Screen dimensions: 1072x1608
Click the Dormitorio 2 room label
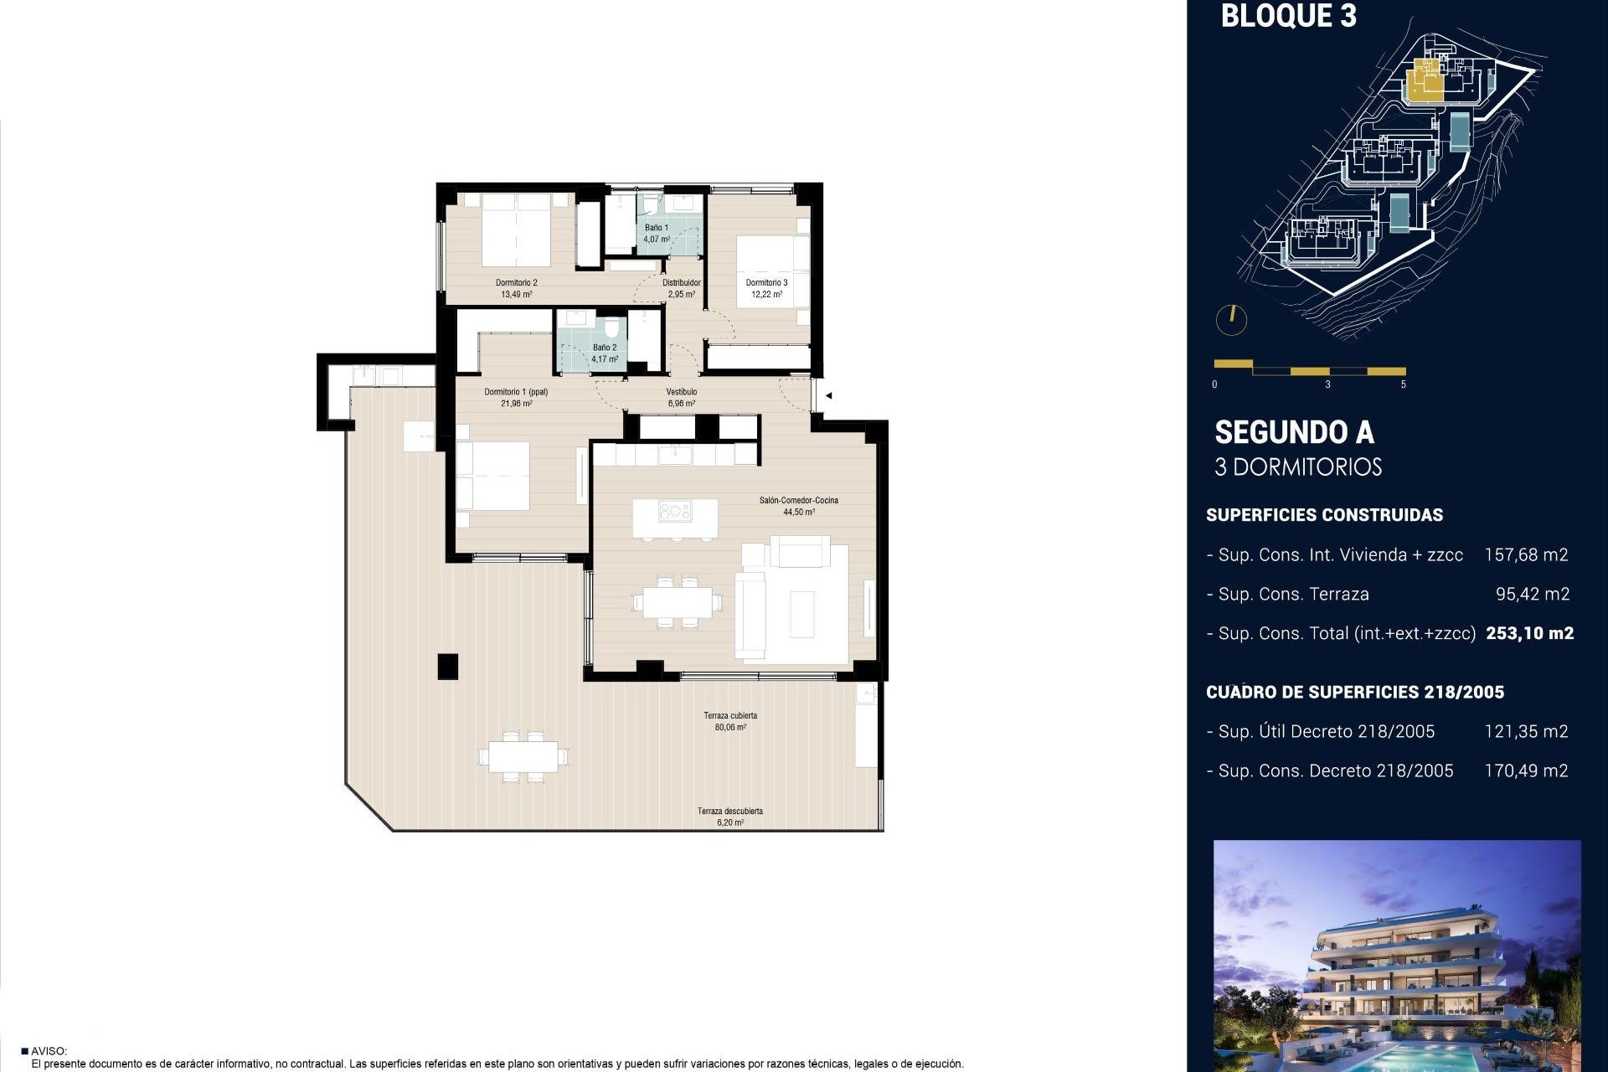tap(516, 283)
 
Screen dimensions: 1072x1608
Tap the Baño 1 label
tap(656, 228)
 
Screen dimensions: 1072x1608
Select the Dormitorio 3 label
tap(766, 283)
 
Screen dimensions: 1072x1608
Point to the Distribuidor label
tap(681, 283)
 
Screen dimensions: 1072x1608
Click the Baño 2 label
tap(604, 348)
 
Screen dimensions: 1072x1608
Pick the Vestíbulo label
tap(681, 392)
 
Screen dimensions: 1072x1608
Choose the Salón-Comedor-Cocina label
tap(798, 501)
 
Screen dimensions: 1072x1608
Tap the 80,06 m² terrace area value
tap(730, 728)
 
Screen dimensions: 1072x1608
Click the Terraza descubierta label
tap(729, 811)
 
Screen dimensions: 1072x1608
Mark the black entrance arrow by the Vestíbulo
tap(827, 395)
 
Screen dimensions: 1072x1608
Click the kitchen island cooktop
tap(674, 511)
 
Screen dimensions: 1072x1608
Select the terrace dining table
tap(523, 757)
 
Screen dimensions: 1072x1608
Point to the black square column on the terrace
tap(448, 666)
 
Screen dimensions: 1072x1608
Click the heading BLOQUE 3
tap(1288, 17)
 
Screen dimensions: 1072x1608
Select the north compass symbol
tap(1231, 319)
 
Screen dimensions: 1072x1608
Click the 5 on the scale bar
tap(1404, 384)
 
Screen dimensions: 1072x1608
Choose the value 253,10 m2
tap(1529, 634)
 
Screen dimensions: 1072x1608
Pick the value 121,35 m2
tap(1526, 732)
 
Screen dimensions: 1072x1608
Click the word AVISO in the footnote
tap(49, 1051)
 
